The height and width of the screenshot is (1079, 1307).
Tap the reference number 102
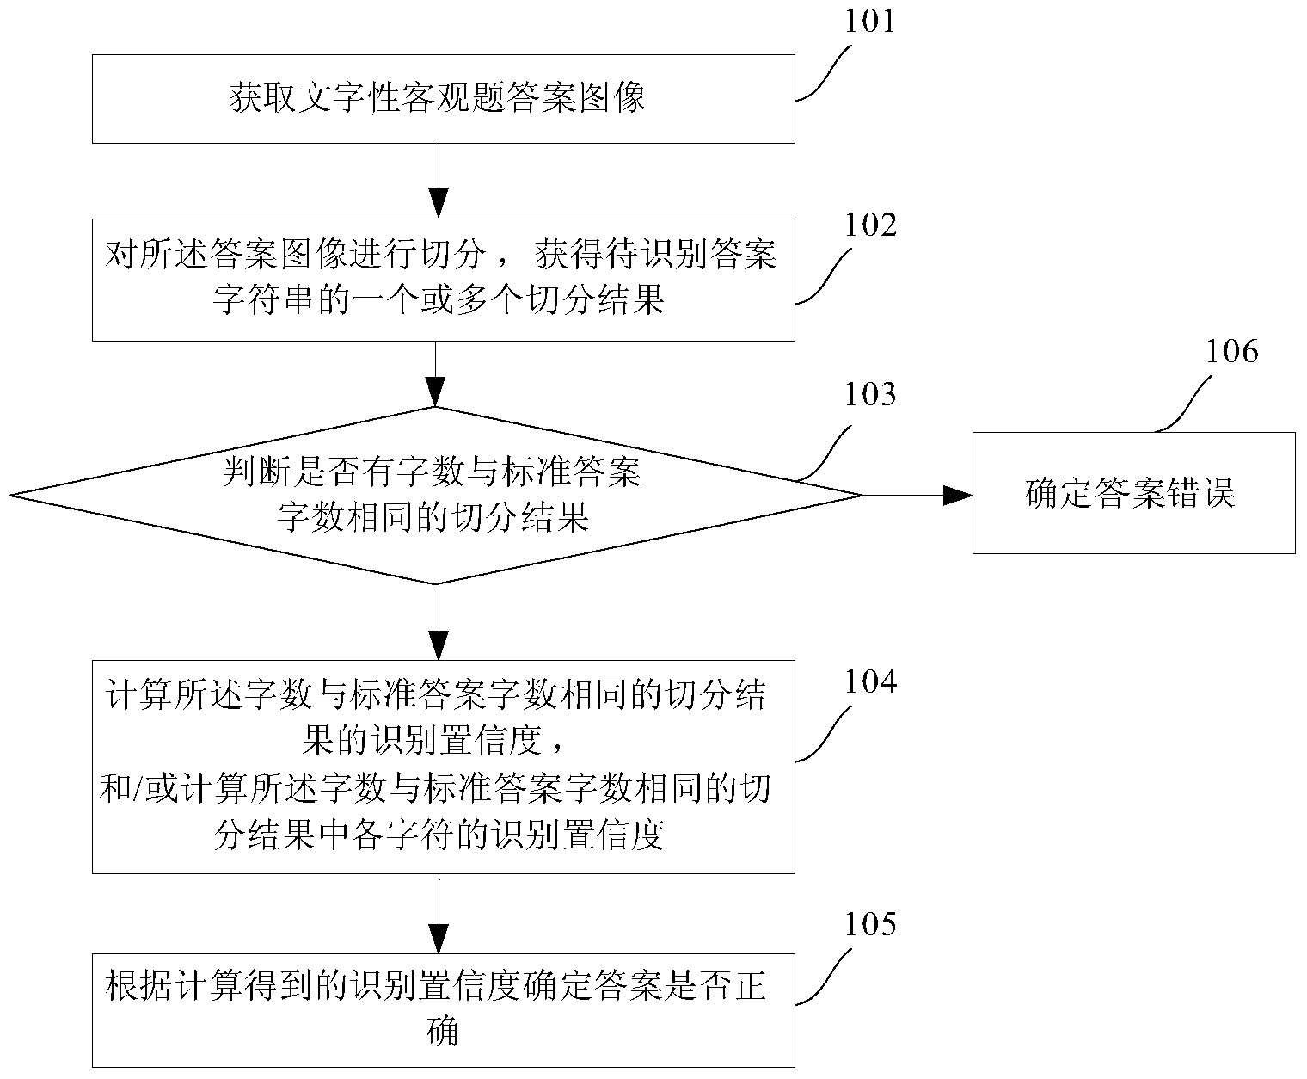tap(869, 225)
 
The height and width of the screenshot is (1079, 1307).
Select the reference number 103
tap(869, 394)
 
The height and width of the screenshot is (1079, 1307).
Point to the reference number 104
tap(869, 681)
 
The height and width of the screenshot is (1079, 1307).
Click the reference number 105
tap(869, 924)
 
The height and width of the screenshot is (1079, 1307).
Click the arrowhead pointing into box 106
tap(958, 495)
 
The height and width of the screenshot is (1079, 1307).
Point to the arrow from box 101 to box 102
tap(439, 181)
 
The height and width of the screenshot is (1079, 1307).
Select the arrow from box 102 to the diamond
tap(437, 373)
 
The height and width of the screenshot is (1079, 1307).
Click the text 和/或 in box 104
tap(129, 789)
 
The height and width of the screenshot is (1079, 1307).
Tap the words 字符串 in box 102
tap(262, 300)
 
